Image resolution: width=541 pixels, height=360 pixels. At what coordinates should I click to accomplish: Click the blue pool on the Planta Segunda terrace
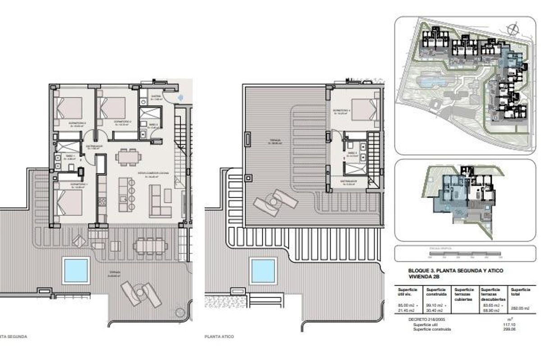pyautogui.click(x=75, y=270)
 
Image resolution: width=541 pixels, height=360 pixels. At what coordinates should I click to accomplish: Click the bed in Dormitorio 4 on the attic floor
pyautogui.click(x=363, y=110)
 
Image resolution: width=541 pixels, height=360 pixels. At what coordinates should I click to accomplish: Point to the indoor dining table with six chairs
pyautogui.click(x=128, y=157)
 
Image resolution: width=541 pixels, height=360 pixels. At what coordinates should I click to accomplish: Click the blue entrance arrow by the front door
pyautogui.click(x=180, y=97)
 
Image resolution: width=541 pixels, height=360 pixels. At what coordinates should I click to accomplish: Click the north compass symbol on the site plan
pyautogui.click(x=512, y=30)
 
